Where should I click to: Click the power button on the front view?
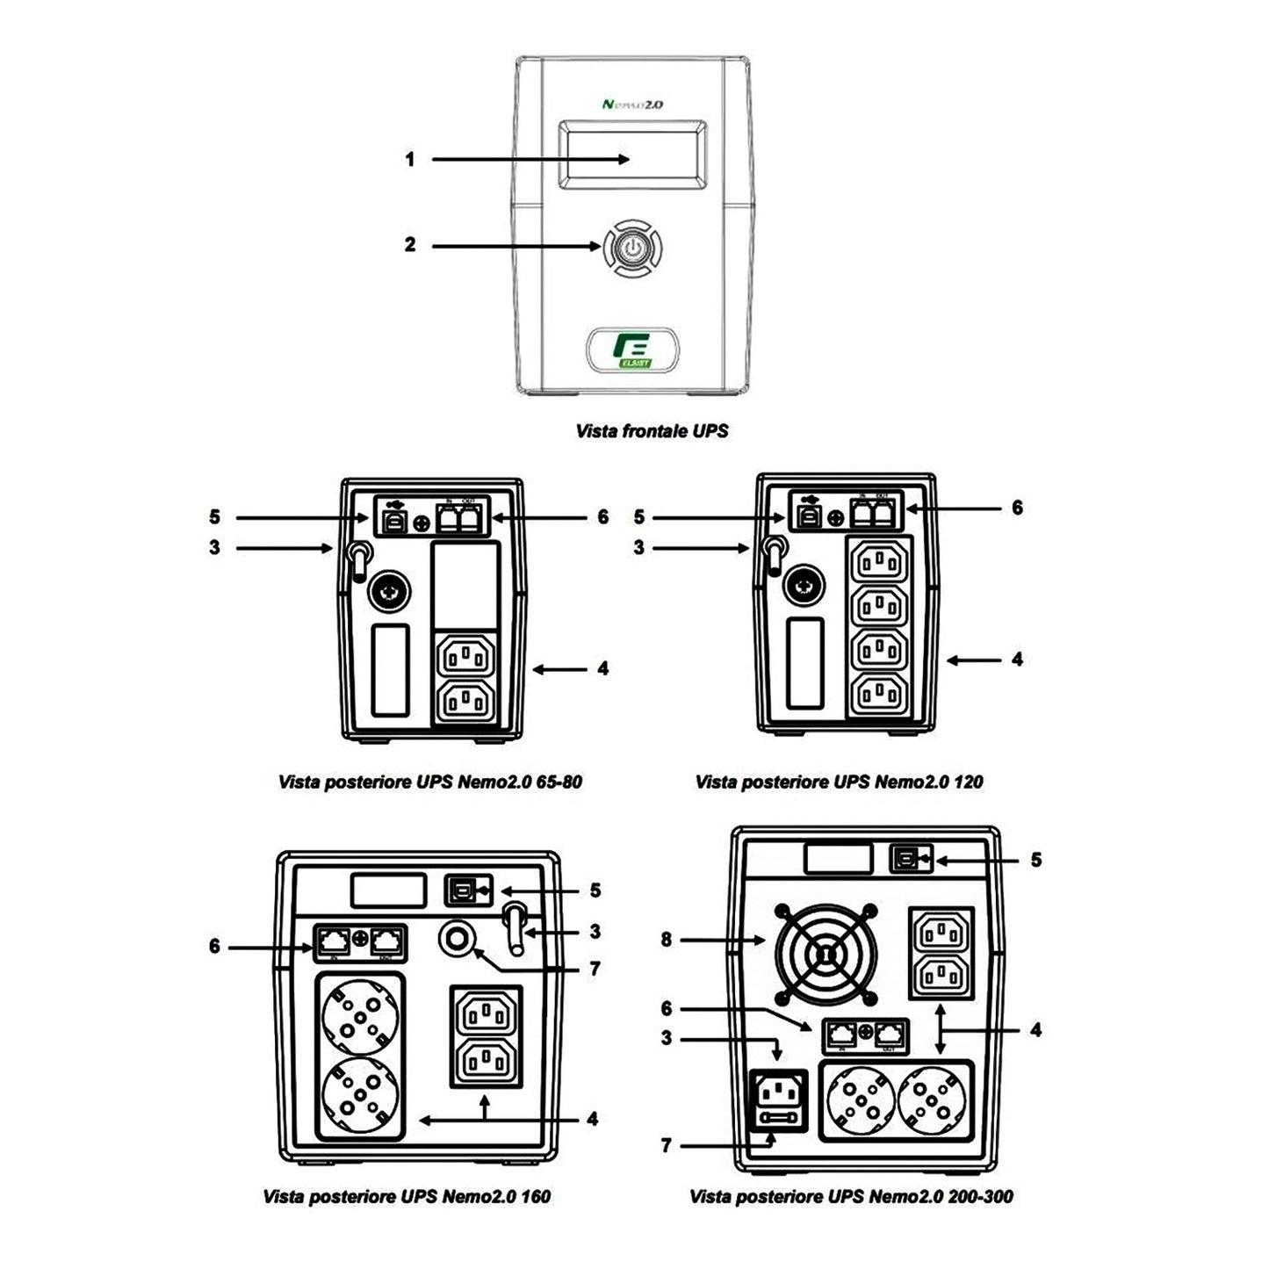631,248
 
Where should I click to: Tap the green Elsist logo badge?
631,349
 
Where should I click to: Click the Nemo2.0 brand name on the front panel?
632,104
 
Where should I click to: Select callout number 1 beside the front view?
409,160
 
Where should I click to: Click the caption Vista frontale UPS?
652,431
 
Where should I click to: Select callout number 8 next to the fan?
667,940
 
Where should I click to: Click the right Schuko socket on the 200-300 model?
934,1102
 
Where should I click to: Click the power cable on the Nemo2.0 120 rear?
773,555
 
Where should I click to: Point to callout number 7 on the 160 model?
595,969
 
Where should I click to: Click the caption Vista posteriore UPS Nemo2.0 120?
839,782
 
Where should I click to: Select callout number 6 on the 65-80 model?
602,517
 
